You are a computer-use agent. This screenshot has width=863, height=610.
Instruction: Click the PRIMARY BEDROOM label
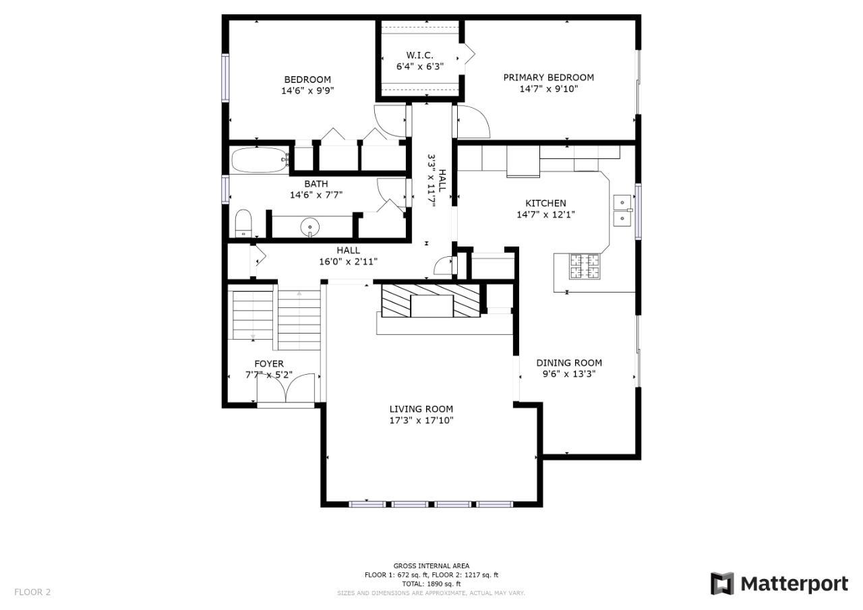point(548,78)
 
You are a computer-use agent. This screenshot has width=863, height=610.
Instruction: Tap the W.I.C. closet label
point(419,55)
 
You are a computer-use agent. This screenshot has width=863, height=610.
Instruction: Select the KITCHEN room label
point(545,204)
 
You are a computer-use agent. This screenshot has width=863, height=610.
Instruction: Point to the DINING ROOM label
point(569,363)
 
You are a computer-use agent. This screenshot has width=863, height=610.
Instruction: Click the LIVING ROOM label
point(421,409)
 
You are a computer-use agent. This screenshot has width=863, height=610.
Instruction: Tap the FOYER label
point(269,364)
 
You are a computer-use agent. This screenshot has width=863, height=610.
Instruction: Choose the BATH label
point(316,184)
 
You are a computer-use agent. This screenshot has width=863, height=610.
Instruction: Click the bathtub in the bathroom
point(260,160)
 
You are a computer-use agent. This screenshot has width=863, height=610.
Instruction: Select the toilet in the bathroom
point(243,223)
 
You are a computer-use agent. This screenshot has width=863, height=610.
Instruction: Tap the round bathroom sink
point(309,226)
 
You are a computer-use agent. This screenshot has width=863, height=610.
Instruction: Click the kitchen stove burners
point(585,266)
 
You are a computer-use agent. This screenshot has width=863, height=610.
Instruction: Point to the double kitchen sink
point(622,210)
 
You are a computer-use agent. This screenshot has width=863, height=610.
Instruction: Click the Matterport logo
point(779,584)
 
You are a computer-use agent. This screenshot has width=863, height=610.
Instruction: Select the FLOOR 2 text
point(32,592)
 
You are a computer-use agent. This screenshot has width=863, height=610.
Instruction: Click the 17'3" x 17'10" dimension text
point(421,420)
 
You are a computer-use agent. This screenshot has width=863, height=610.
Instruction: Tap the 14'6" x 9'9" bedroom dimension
point(307,91)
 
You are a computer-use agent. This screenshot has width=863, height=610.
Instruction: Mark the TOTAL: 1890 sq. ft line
point(431,584)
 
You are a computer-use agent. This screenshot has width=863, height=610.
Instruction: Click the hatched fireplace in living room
point(431,301)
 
